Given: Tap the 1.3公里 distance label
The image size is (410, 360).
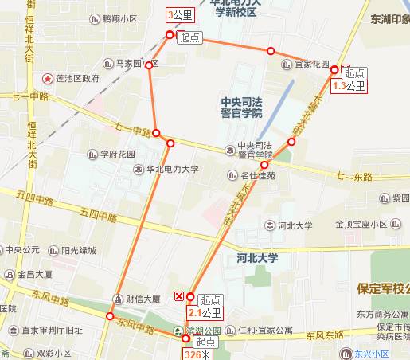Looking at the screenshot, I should coord(349,85).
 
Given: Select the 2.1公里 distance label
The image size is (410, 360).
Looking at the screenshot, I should coord(205,313).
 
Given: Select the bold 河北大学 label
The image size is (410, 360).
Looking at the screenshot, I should coord(257,258).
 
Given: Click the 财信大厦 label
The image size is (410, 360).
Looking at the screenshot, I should coord(143,299).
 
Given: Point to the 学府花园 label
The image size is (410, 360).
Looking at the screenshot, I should coord(118,153).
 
